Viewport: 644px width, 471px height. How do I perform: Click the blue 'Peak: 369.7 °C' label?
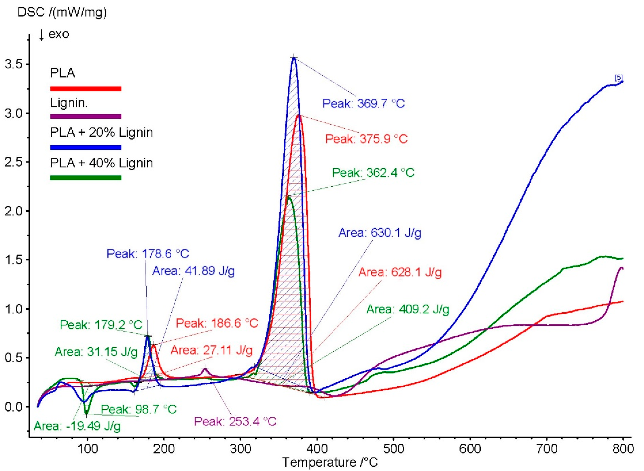(x=363, y=103)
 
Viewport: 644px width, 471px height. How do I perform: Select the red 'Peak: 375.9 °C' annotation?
(x=366, y=139)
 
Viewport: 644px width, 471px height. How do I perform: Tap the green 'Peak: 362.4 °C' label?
(x=373, y=173)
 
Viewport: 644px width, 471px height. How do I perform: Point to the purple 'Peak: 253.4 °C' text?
(x=235, y=421)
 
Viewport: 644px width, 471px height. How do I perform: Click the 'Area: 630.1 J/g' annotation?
(x=380, y=233)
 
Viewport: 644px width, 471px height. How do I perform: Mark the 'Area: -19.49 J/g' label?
(x=77, y=426)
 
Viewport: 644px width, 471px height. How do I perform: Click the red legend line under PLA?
(x=86, y=89)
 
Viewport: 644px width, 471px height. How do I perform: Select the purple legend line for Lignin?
(x=86, y=116)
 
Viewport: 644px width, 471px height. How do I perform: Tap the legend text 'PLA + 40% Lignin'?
(x=101, y=163)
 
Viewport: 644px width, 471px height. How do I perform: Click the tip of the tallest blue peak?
(x=294, y=58)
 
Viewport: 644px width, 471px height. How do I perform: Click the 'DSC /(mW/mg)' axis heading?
(x=62, y=12)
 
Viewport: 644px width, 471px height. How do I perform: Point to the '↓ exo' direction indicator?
(x=54, y=34)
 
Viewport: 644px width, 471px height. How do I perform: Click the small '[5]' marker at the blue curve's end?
(x=619, y=78)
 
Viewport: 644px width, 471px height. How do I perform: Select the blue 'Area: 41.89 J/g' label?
(x=193, y=271)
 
